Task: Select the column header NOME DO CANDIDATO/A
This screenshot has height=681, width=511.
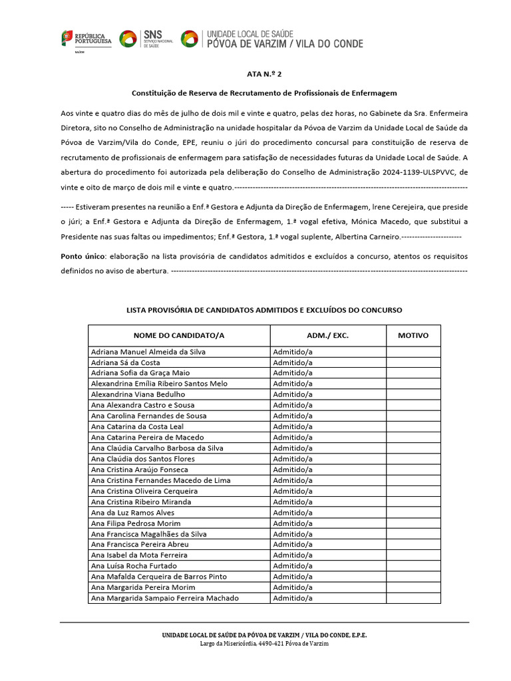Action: pyautogui.click(x=179, y=336)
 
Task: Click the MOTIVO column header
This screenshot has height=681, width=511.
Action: pyautogui.click(x=413, y=336)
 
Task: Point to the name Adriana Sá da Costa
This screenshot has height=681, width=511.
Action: pyautogui.click(x=125, y=362)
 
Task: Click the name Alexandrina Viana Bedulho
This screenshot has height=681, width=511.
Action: pyautogui.click(x=138, y=394)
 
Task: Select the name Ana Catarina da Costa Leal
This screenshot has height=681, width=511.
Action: pyautogui.click(x=137, y=426)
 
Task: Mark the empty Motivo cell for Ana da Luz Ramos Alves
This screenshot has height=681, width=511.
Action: pyautogui.click(x=413, y=512)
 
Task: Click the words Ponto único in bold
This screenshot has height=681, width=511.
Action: pyautogui.click(x=83, y=256)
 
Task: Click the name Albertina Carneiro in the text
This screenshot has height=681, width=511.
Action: pyautogui.click(x=368, y=237)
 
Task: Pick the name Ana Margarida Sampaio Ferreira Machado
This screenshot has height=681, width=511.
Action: pyautogui.click(x=164, y=598)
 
